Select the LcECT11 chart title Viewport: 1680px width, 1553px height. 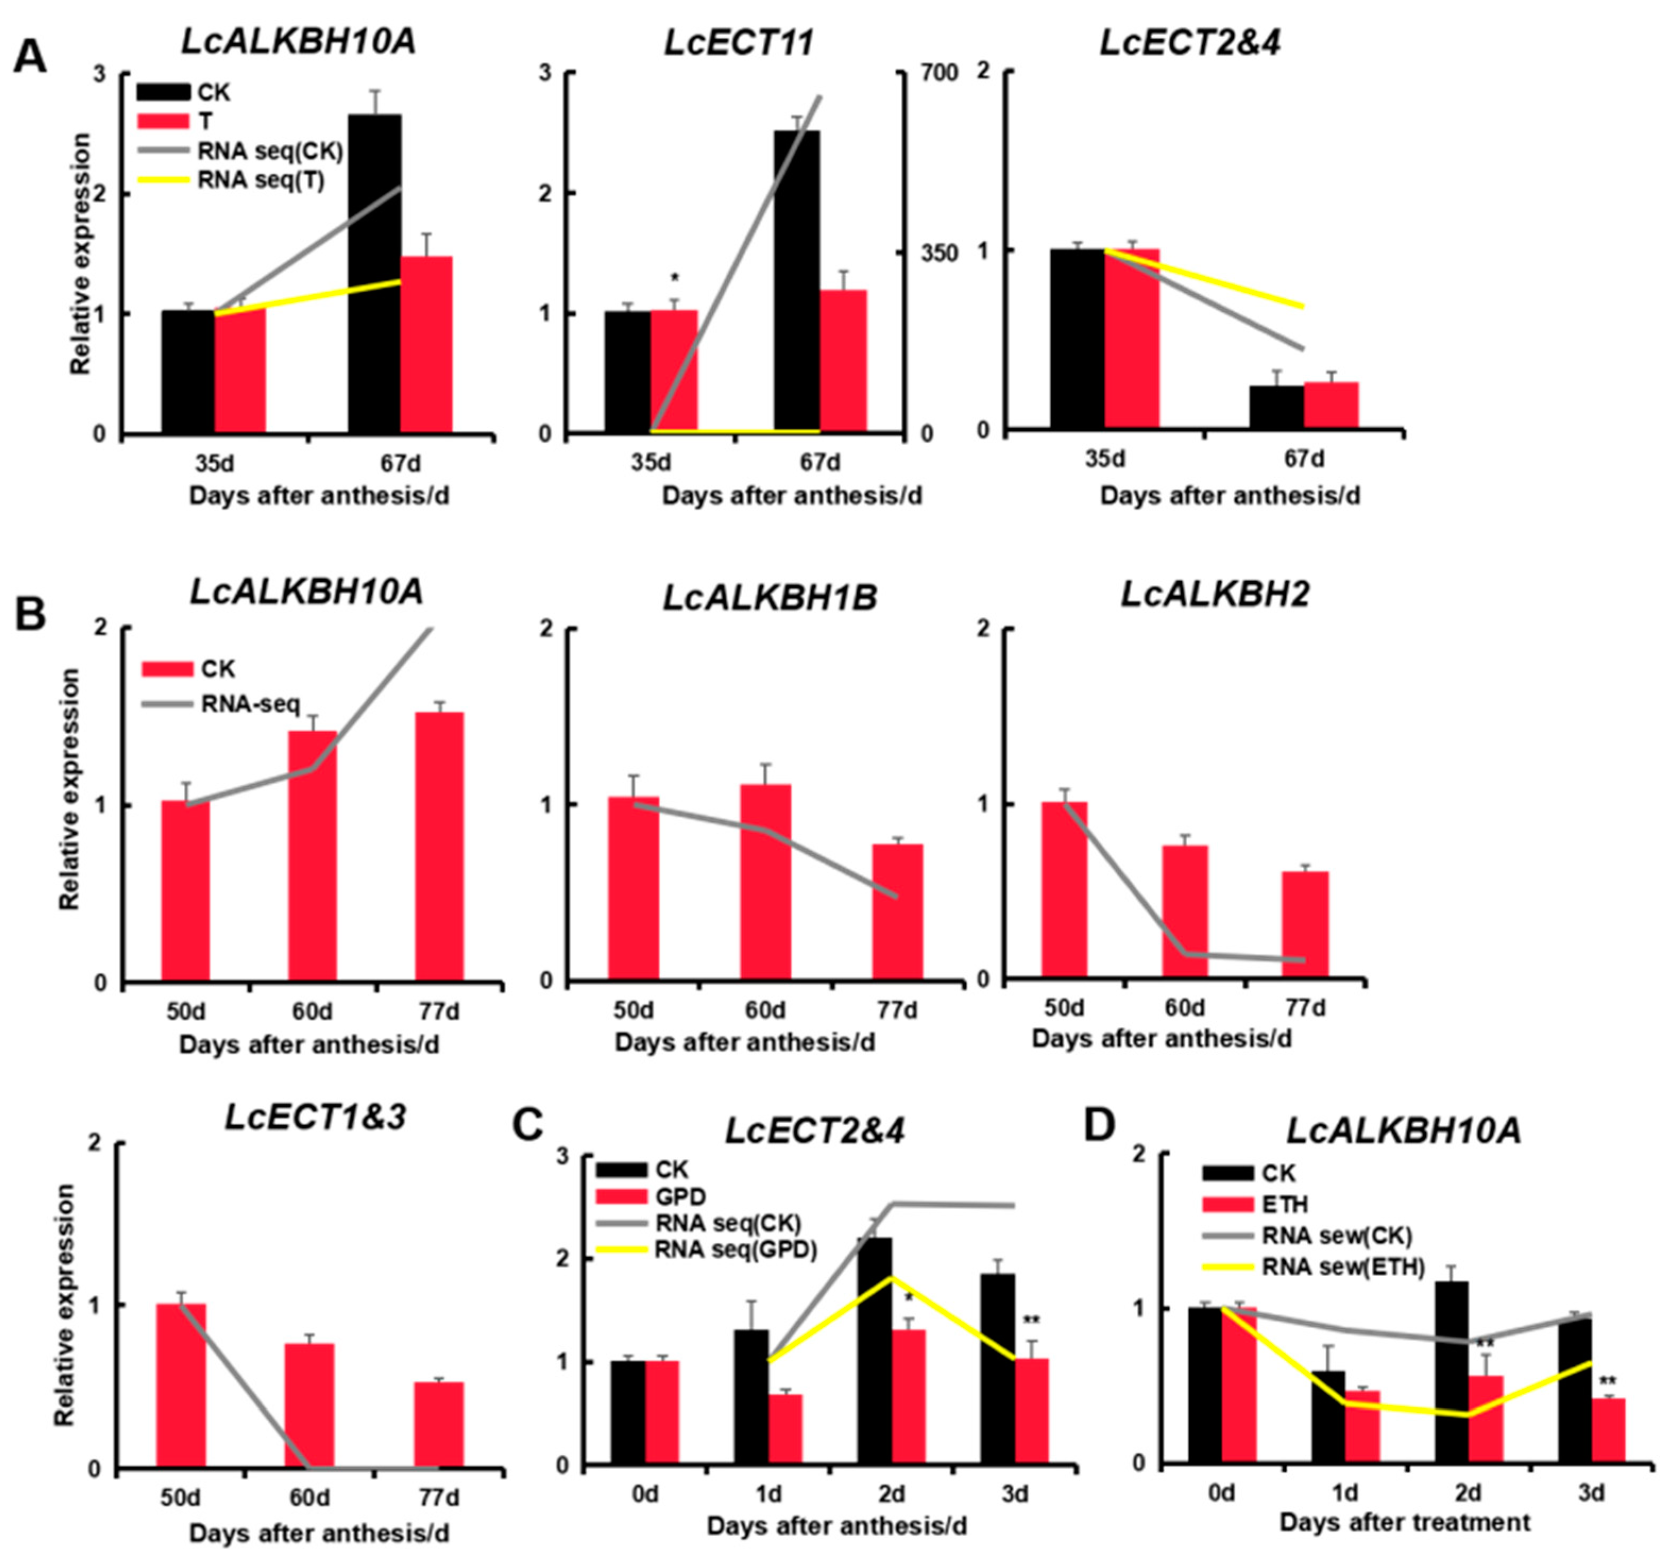pyautogui.click(x=739, y=42)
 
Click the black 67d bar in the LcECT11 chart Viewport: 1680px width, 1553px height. pyautogui.click(x=796, y=282)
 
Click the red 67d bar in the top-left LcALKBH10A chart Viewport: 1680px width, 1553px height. pyautogui.click(x=427, y=345)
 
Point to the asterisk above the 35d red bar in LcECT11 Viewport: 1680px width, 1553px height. pyautogui.click(x=675, y=279)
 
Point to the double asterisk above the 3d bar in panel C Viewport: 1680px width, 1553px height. pyautogui.click(x=1031, y=1320)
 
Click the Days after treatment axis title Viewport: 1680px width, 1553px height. pyautogui.click(x=1404, y=1521)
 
